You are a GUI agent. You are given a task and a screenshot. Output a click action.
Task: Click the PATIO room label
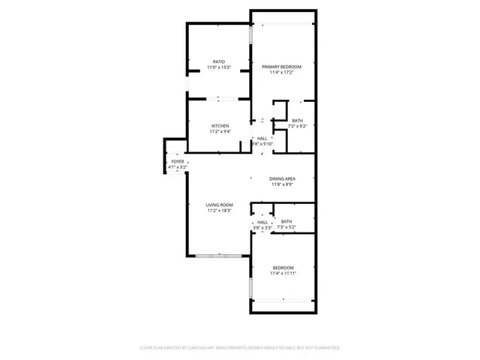[218, 61]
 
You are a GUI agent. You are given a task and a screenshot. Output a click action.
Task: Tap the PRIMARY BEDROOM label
[281, 67]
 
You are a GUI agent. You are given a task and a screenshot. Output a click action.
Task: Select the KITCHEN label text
[220, 125]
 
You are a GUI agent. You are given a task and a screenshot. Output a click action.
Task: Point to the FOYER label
[178, 161]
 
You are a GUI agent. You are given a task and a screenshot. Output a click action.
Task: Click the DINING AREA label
[282, 178]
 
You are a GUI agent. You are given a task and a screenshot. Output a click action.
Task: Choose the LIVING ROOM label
[220, 205]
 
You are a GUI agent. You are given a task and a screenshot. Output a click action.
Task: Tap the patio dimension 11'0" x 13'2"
[218, 67]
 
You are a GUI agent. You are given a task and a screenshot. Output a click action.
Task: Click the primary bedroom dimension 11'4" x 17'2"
[281, 73]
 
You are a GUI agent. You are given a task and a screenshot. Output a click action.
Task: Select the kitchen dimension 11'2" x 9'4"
[220, 131]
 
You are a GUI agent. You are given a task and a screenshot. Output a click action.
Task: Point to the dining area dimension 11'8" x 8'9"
[282, 184]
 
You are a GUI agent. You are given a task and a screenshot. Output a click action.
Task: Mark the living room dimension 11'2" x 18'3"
[220, 211]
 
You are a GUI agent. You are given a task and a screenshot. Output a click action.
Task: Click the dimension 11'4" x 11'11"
[283, 274]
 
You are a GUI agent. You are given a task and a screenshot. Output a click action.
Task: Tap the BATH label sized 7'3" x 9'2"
[298, 121]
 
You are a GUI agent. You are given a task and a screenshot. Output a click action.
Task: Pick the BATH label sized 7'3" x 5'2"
[286, 221]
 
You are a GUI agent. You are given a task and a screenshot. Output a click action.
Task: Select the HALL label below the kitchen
[262, 138]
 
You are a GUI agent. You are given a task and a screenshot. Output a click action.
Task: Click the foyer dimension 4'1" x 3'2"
[178, 167]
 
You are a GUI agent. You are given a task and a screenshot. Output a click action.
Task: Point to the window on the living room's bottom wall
[219, 256]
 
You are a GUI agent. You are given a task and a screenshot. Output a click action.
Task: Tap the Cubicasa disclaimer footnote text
[240, 348]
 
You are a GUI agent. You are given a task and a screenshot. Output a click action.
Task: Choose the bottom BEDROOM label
[283, 268]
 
